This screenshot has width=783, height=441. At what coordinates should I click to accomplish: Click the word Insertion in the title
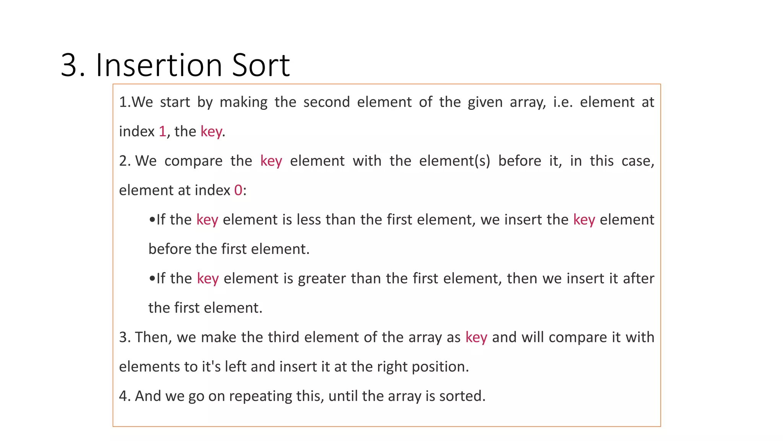pyautogui.click(x=159, y=65)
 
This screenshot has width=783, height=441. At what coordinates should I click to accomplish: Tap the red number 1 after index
pyautogui.click(x=162, y=132)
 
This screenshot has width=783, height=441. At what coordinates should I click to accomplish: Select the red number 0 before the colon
pyautogui.click(x=238, y=190)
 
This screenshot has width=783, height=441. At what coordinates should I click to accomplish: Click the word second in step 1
pyautogui.click(x=327, y=102)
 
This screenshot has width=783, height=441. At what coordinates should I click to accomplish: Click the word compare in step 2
pyautogui.click(x=193, y=161)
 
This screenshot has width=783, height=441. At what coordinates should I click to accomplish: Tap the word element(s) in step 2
pyautogui.click(x=455, y=161)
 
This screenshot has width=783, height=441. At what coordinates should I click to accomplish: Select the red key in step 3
pyautogui.click(x=476, y=337)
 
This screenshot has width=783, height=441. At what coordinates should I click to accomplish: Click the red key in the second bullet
pyautogui.click(x=208, y=279)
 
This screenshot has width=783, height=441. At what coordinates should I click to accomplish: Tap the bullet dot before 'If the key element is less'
pyautogui.click(x=152, y=220)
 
